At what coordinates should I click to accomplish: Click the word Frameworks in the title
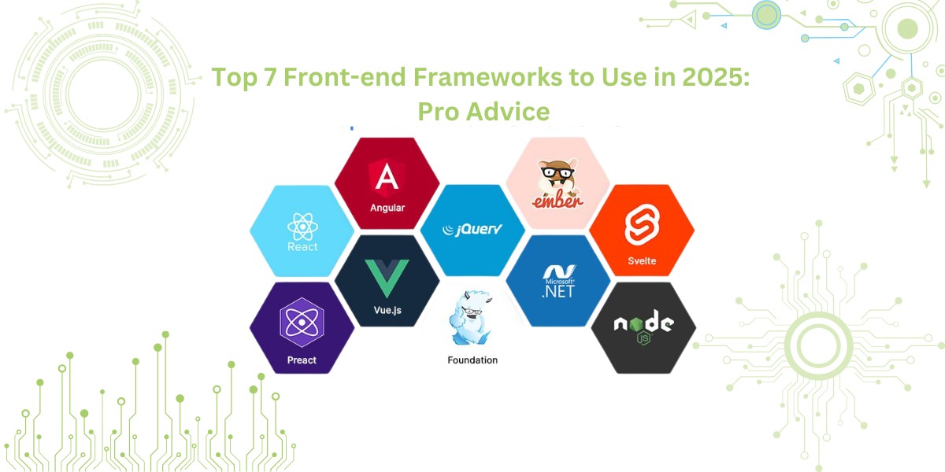pos(487,77)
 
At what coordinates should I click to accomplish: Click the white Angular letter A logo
pos(387,177)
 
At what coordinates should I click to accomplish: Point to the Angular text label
pos(387,208)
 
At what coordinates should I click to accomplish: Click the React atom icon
pos(302,227)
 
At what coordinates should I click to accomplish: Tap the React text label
pos(302,246)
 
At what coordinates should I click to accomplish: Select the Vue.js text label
pos(387,310)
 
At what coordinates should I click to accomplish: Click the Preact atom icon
pos(302,323)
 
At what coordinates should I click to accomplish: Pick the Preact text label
pos(302,360)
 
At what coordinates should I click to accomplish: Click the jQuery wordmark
pos(472,229)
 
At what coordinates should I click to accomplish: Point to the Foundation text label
pos(472,360)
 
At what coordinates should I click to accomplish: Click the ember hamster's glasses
pos(558,172)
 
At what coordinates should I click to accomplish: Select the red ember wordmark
pos(558,201)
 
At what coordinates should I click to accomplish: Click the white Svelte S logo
pos(642,225)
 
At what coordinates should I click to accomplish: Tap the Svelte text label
pos(642,261)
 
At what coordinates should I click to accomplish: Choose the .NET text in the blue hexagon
pos(558,291)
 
